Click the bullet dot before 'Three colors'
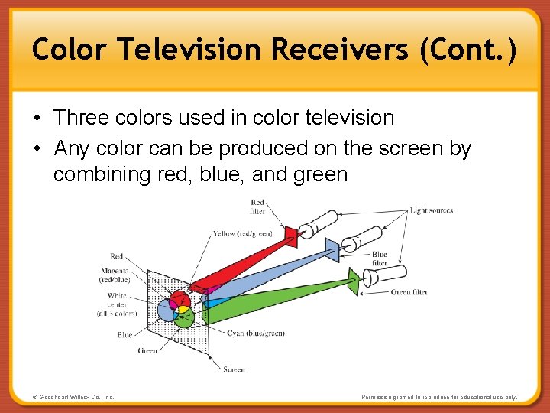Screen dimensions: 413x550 pyautogui.click(x=37, y=119)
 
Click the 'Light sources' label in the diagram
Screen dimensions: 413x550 pyautogui.click(x=431, y=210)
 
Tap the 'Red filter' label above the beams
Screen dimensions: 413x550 pyautogui.click(x=257, y=206)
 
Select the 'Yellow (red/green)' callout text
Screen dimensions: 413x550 pyautogui.click(x=243, y=233)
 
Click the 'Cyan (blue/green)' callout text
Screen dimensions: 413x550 pyautogui.click(x=256, y=333)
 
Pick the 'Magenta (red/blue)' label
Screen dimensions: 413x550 pyautogui.click(x=115, y=275)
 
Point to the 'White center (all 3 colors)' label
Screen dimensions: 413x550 pyautogui.click(x=117, y=304)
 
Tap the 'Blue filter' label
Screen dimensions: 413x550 pyautogui.click(x=379, y=259)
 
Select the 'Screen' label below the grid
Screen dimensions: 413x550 pyautogui.click(x=234, y=369)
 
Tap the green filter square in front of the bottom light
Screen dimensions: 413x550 pyautogui.click(x=353, y=281)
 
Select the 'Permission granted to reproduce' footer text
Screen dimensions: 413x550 pyautogui.click(x=440, y=397)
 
